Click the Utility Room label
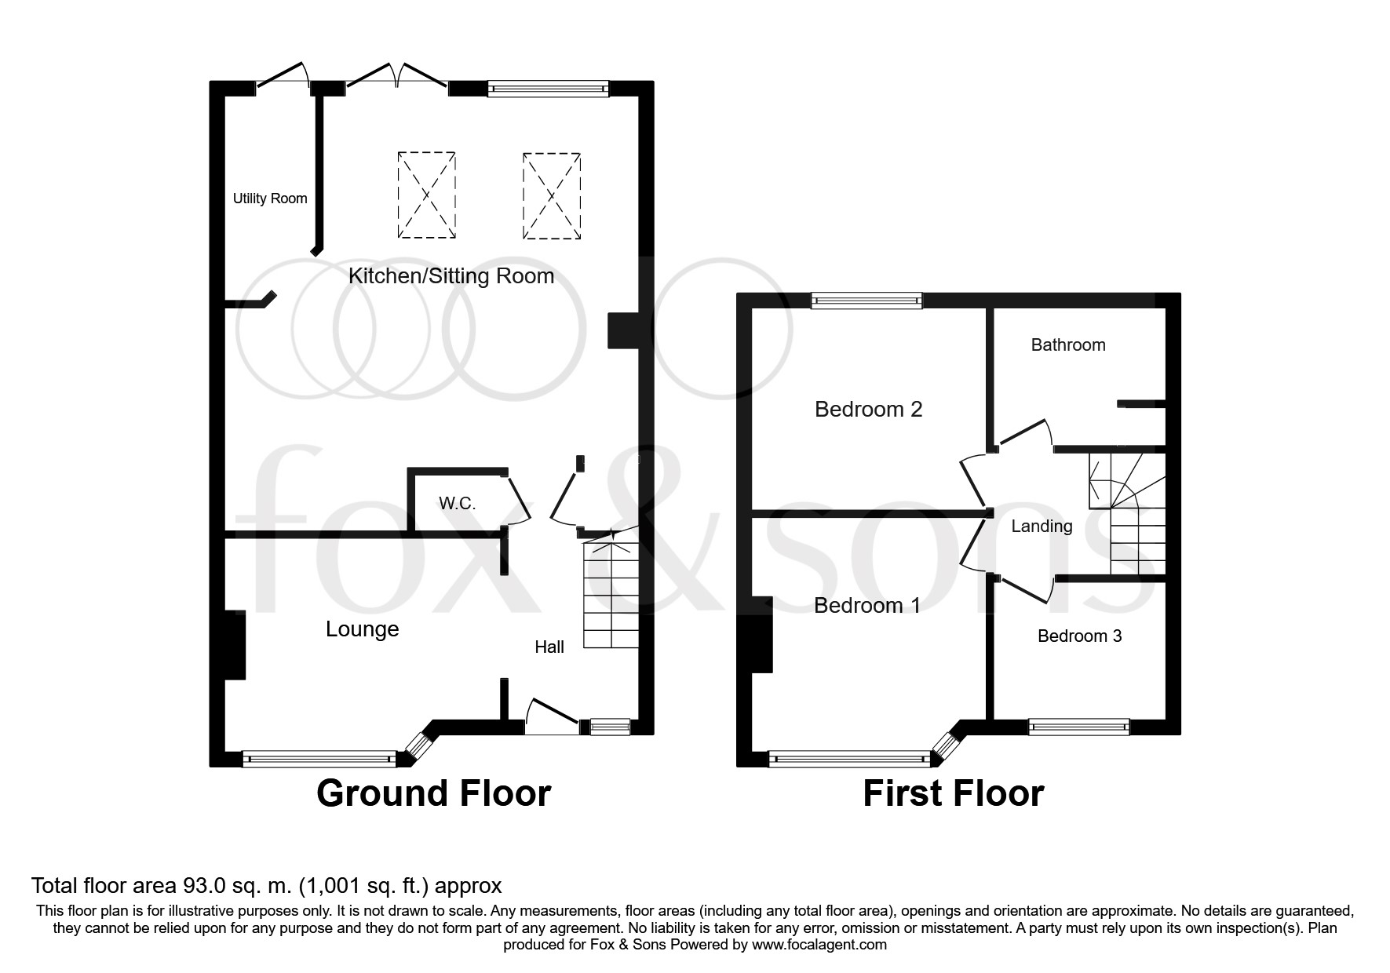pyautogui.click(x=269, y=199)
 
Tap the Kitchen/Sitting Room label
pyautogui.click(x=451, y=275)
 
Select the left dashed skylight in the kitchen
pyautogui.click(x=426, y=195)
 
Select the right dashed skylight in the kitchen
pyautogui.click(x=552, y=195)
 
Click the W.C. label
pyautogui.click(x=457, y=503)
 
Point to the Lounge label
pyautogui.click(x=362, y=629)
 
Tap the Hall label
pyautogui.click(x=549, y=647)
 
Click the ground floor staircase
pyautogui.click(x=611, y=596)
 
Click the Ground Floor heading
pyautogui.click(x=433, y=793)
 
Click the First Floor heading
pyautogui.click(x=953, y=793)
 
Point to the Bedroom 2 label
pyautogui.click(x=868, y=409)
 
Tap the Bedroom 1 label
pyautogui.click(x=866, y=605)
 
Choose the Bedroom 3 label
pyautogui.click(x=1079, y=636)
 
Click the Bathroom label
pyautogui.click(x=1067, y=344)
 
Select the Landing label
pyautogui.click(x=1041, y=526)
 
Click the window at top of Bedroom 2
pyautogui.click(x=866, y=300)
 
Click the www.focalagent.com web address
pyautogui.click(x=819, y=945)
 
